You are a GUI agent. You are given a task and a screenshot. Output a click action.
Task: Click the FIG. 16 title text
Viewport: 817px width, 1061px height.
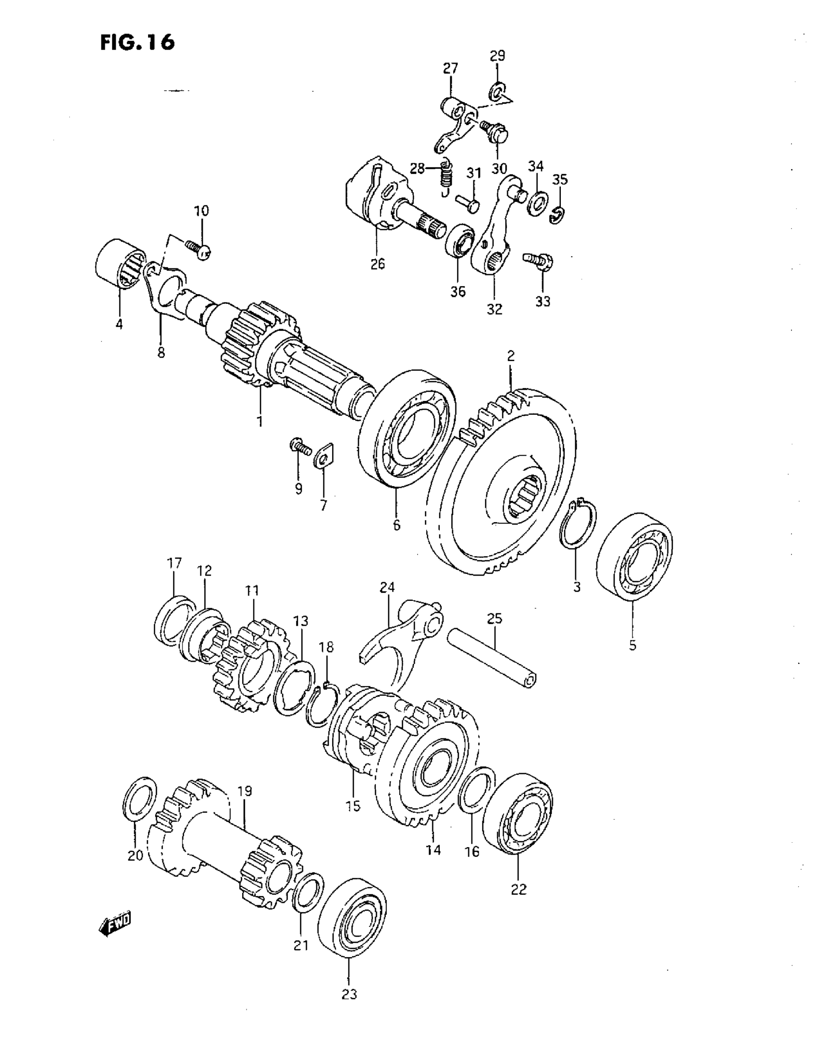click(137, 42)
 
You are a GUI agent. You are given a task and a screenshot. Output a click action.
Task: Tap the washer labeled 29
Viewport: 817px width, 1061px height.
click(497, 90)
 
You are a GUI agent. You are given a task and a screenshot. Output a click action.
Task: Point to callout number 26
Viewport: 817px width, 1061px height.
click(377, 264)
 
